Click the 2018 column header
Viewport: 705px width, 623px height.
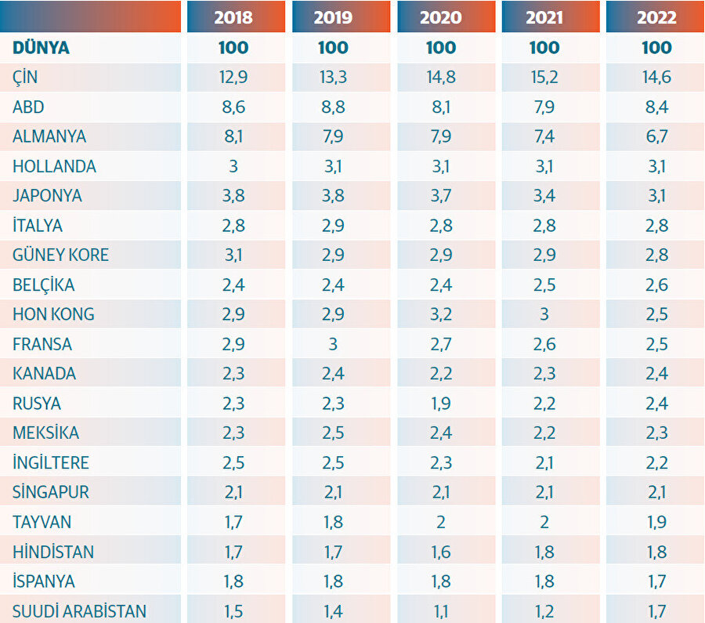click(233, 17)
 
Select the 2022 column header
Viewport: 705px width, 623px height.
click(656, 17)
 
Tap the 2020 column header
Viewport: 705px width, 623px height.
click(441, 17)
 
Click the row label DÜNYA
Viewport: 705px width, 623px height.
click(42, 48)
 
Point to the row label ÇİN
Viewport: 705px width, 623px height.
click(25, 78)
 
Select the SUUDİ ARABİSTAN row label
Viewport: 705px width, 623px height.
click(79, 611)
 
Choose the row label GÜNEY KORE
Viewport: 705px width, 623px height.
click(60, 255)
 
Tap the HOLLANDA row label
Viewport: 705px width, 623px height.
click(54, 166)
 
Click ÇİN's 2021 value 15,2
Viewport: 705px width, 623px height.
click(544, 78)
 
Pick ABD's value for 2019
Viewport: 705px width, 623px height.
click(333, 107)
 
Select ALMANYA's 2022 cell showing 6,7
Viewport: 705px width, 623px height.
click(656, 136)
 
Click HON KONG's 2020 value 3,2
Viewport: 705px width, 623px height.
click(441, 314)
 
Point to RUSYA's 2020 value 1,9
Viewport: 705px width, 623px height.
click(441, 404)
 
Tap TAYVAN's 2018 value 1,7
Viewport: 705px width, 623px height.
click(233, 522)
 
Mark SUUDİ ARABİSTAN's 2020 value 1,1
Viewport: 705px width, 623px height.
click(441, 611)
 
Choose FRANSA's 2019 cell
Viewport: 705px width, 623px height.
click(333, 344)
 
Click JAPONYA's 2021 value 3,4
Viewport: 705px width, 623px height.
click(544, 196)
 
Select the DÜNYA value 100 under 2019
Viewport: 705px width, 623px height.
click(333, 48)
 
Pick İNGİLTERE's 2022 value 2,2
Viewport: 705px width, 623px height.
click(656, 462)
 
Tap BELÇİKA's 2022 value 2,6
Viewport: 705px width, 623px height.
click(656, 285)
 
